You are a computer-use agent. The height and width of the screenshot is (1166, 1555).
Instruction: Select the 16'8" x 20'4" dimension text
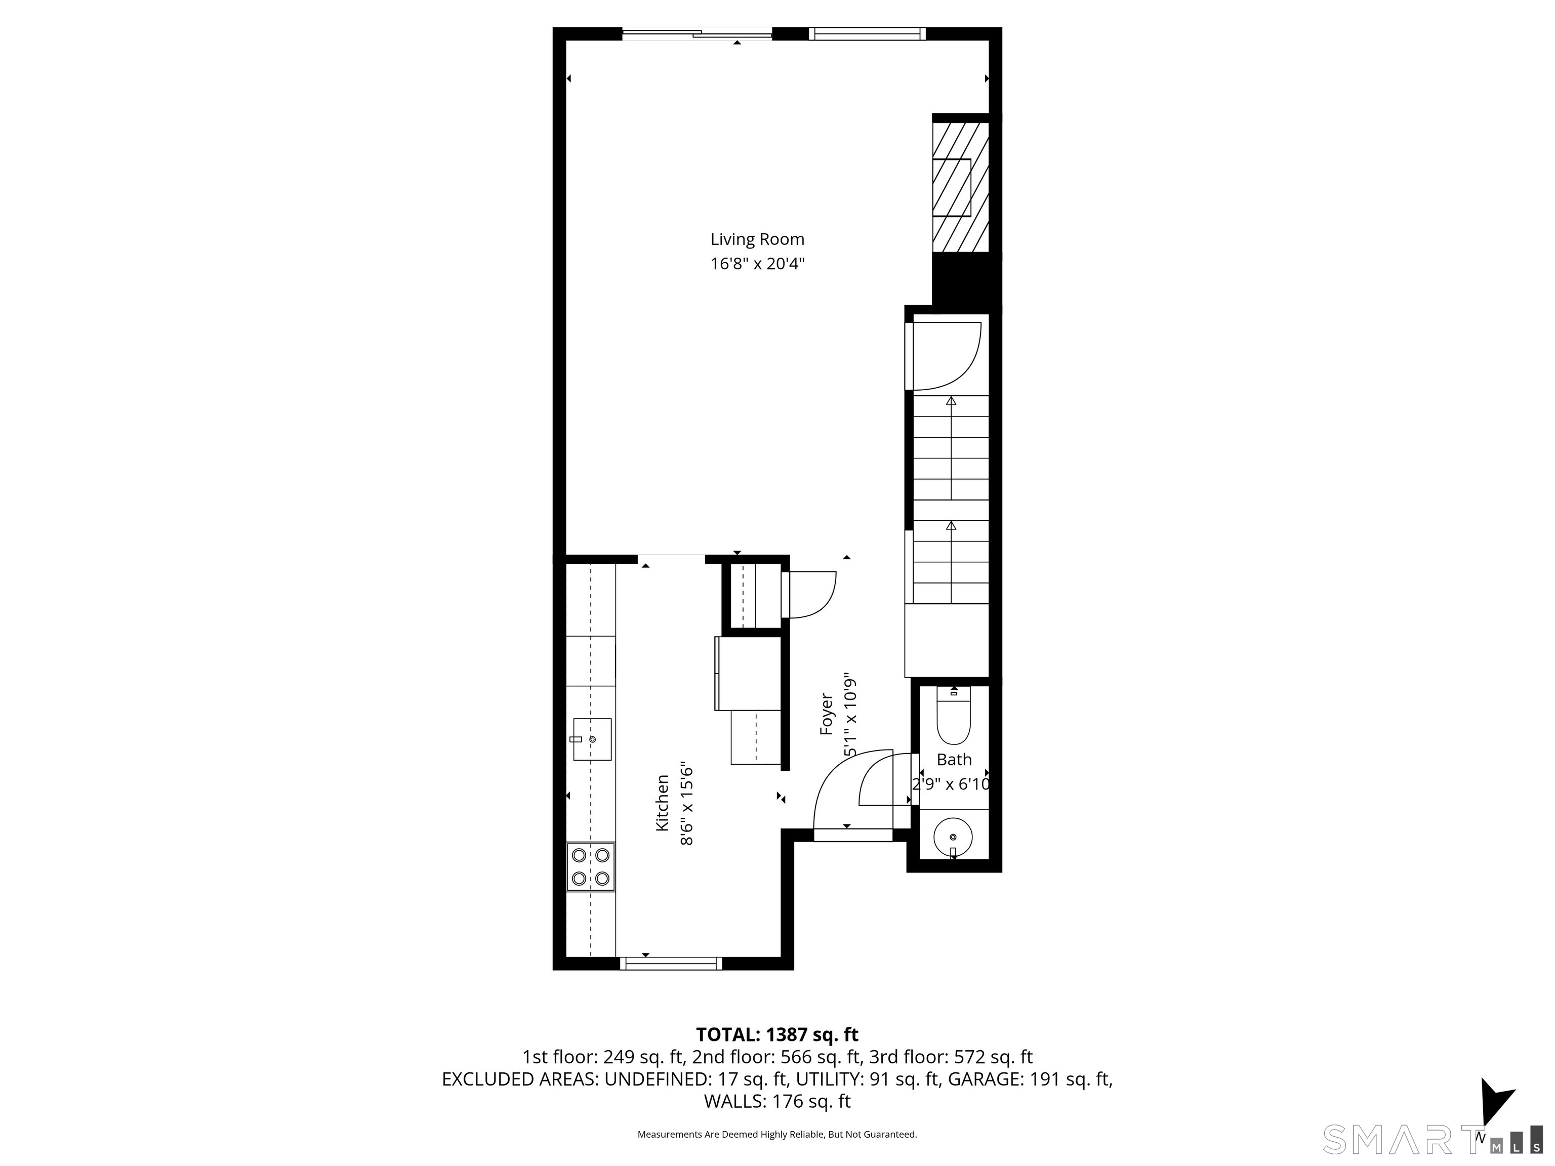757,264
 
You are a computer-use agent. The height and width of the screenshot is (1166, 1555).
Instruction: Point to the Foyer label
827,714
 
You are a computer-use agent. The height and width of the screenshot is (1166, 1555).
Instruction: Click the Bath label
954,759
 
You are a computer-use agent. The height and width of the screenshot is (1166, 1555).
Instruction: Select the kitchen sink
592,739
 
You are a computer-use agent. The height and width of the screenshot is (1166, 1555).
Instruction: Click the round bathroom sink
953,838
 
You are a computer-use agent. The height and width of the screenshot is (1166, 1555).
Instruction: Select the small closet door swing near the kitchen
808,595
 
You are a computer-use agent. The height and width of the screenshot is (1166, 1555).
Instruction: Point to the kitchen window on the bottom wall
671,964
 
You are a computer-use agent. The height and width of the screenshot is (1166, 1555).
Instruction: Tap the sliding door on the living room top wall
698,32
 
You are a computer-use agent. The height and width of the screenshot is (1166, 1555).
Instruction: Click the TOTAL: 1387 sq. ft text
777,1034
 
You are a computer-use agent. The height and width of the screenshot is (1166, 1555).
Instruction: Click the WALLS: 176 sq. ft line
777,1101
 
